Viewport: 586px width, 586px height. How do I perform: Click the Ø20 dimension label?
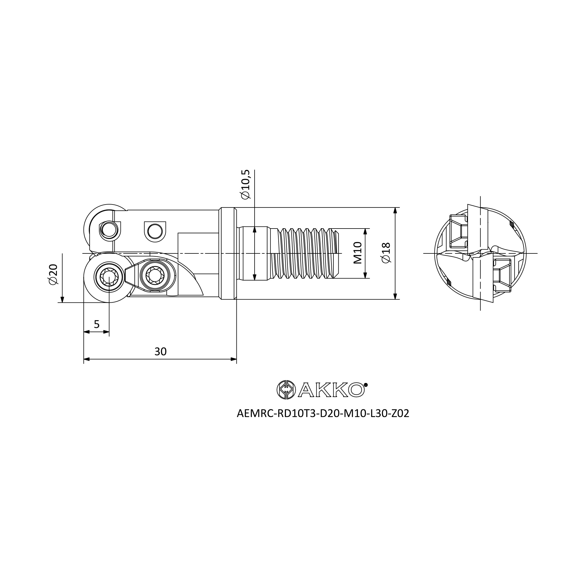click(x=53, y=275)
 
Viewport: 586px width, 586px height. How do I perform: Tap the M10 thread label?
click(x=358, y=253)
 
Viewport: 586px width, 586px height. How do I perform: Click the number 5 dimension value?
click(x=97, y=324)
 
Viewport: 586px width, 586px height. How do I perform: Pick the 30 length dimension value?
click(x=161, y=352)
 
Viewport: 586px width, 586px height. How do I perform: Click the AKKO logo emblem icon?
click(x=286, y=390)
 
